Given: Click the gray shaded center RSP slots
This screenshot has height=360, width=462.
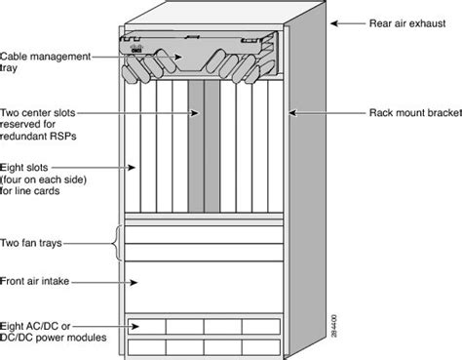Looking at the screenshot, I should (198, 146).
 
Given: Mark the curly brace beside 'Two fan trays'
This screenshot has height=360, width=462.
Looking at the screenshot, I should (118, 243).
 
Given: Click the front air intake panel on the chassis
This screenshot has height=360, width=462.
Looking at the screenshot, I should (205, 284).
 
